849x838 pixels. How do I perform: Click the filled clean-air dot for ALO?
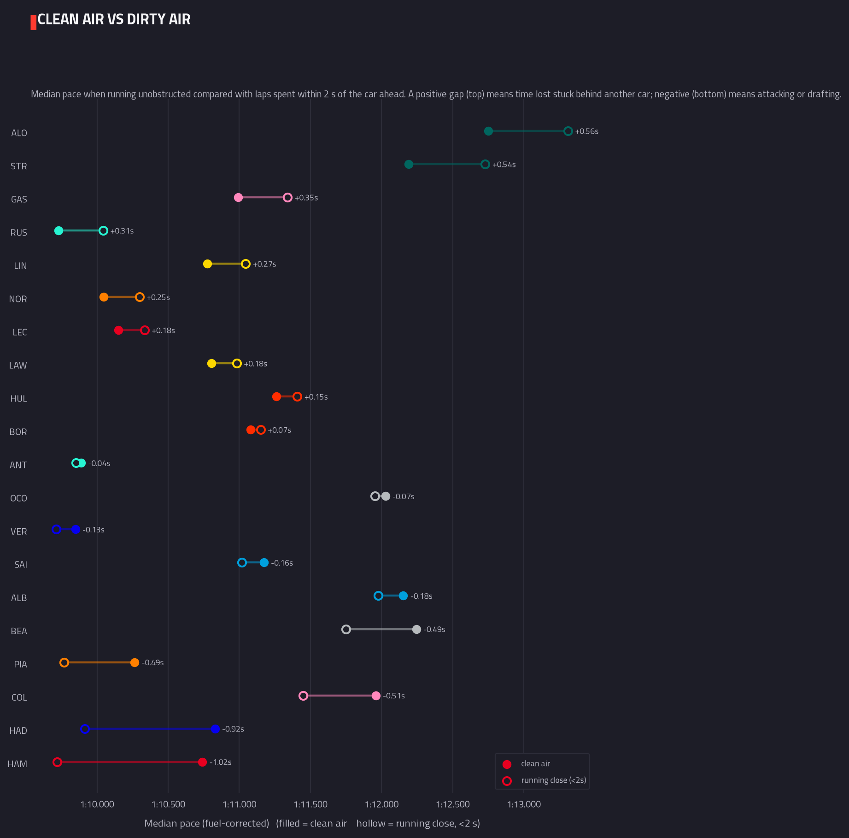(x=488, y=131)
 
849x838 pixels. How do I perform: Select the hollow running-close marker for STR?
(x=485, y=165)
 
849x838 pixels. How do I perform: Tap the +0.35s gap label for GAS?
(x=306, y=198)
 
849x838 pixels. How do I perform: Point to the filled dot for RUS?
(x=59, y=231)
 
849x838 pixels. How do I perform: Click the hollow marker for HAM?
(x=57, y=762)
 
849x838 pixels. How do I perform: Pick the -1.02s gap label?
(x=221, y=762)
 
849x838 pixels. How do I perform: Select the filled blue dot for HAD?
(x=215, y=729)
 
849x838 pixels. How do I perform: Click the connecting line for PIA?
(x=100, y=662)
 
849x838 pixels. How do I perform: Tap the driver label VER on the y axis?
(x=19, y=531)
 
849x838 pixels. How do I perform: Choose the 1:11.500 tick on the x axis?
(x=310, y=804)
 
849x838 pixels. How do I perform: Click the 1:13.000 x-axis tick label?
(x=524, y=804)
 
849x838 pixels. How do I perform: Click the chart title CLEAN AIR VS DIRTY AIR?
(x=114, y=19)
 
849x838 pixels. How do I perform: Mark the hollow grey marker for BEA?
(x=346, y=629)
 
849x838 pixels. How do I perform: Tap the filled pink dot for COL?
(x=376, y=696)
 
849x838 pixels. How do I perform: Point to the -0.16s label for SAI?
(x=282, y=563)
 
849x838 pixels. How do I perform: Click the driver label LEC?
(x=20, y=332)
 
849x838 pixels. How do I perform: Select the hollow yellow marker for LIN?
(x=246, y=264)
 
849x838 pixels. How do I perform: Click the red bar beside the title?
(x=33, y=22)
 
